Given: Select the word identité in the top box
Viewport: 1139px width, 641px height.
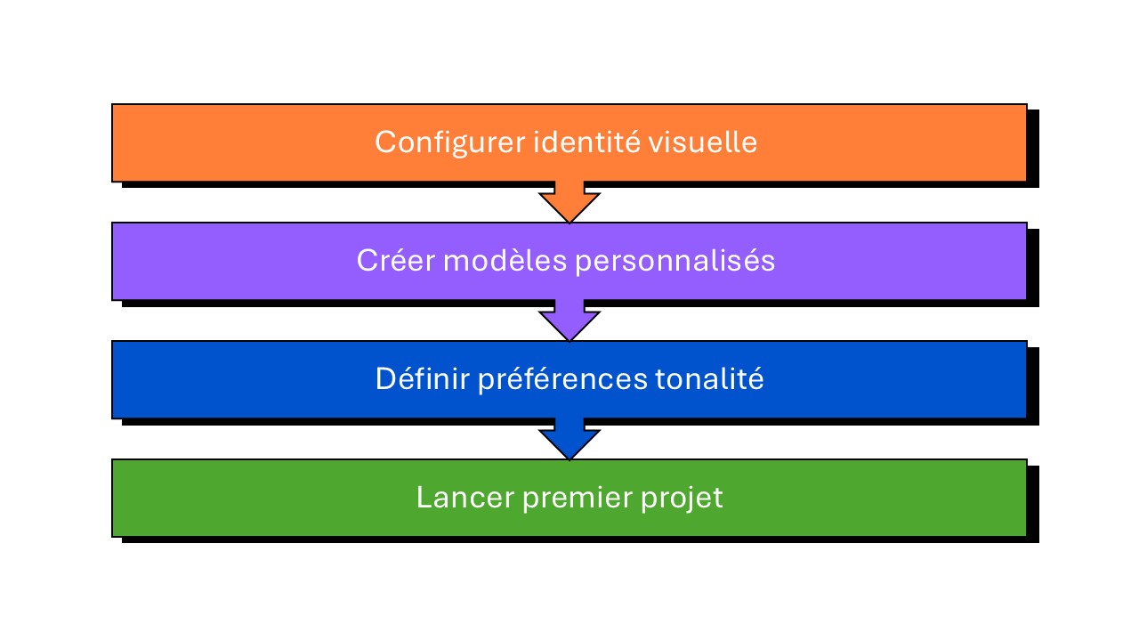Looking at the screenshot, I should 574,142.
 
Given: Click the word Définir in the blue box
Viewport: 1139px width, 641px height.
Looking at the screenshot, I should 422,379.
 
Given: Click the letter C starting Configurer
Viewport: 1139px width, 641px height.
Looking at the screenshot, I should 384,142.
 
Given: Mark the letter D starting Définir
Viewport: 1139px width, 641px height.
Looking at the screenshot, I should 384,379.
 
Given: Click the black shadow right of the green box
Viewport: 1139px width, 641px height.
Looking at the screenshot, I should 1033,503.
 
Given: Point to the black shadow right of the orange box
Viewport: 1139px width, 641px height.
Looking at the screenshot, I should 1033,148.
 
